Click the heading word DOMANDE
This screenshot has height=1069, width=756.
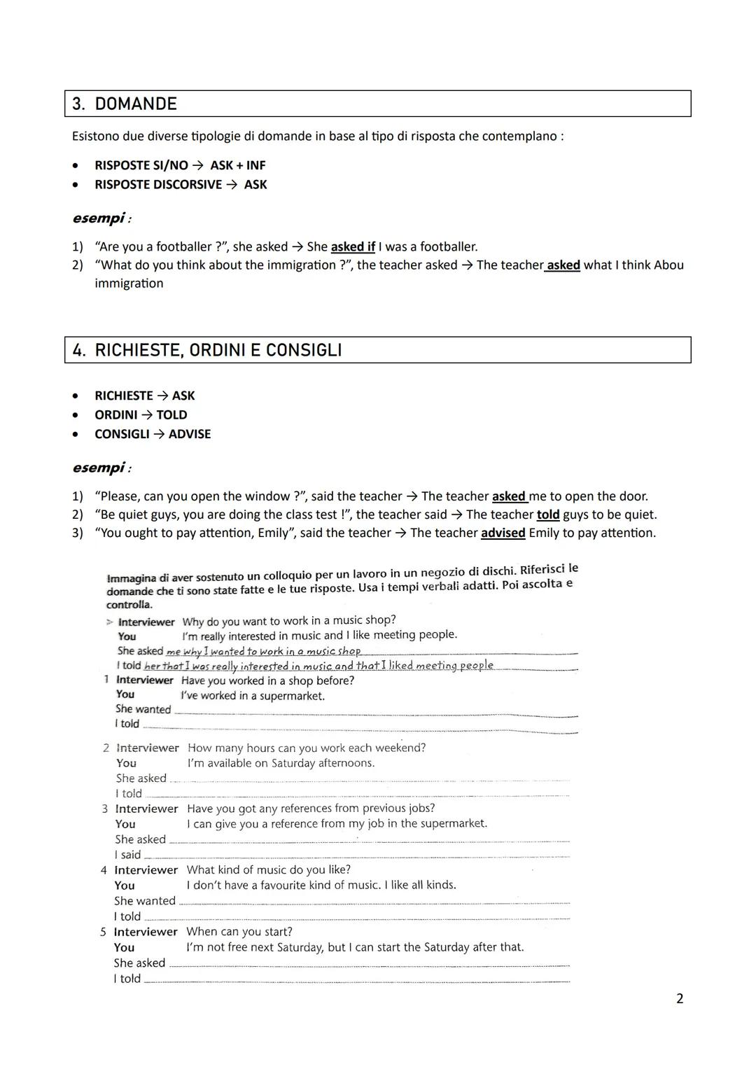[x=136, y=104]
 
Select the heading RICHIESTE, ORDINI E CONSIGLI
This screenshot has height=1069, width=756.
[x=218, y=350]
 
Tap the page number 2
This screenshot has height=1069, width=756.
[x=680, y=999]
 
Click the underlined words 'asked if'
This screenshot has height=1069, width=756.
[x=353, y=247]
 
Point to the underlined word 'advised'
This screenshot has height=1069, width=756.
[x=503, y=533]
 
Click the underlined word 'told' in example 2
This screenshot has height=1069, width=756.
[x=548, y=515]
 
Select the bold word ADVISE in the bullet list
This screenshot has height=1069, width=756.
[x=190, y=434]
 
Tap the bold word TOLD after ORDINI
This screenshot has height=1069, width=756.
[x=171, y=414]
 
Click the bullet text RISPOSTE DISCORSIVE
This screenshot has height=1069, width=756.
[x=158, y=185]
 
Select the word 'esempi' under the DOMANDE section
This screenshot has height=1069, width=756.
[x=98, y=218]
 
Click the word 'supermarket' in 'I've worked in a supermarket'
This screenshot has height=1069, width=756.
[x=293, y=696]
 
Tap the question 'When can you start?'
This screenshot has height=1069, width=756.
[x=239, y=932]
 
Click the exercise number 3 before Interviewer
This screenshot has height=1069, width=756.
[x=105, y=809]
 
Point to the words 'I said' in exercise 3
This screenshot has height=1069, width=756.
[x=128, y=855]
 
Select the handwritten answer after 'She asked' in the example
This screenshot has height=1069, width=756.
[x=263, y=652]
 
